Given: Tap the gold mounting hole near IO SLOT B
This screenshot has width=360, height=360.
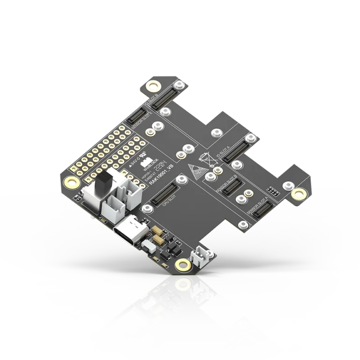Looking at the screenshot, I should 152,86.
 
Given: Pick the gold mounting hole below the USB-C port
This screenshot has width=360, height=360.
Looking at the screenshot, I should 181,266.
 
